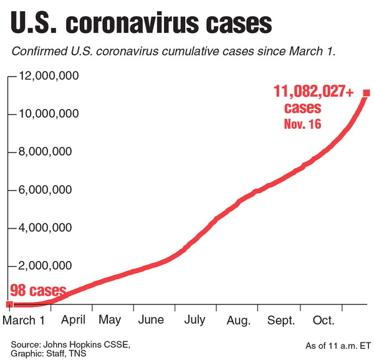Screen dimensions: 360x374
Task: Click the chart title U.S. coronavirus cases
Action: click(141, 24)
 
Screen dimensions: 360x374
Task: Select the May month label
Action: click(110, 320)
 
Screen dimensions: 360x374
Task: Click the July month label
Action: click(194, 320)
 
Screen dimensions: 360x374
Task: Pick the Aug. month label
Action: click(238, 320)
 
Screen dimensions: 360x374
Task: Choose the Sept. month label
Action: click(281, 320)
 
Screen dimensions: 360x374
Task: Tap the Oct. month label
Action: click(324, 320)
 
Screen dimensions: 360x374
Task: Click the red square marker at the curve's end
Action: click(367, 93)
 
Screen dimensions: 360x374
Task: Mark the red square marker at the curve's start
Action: click(9, 304)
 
